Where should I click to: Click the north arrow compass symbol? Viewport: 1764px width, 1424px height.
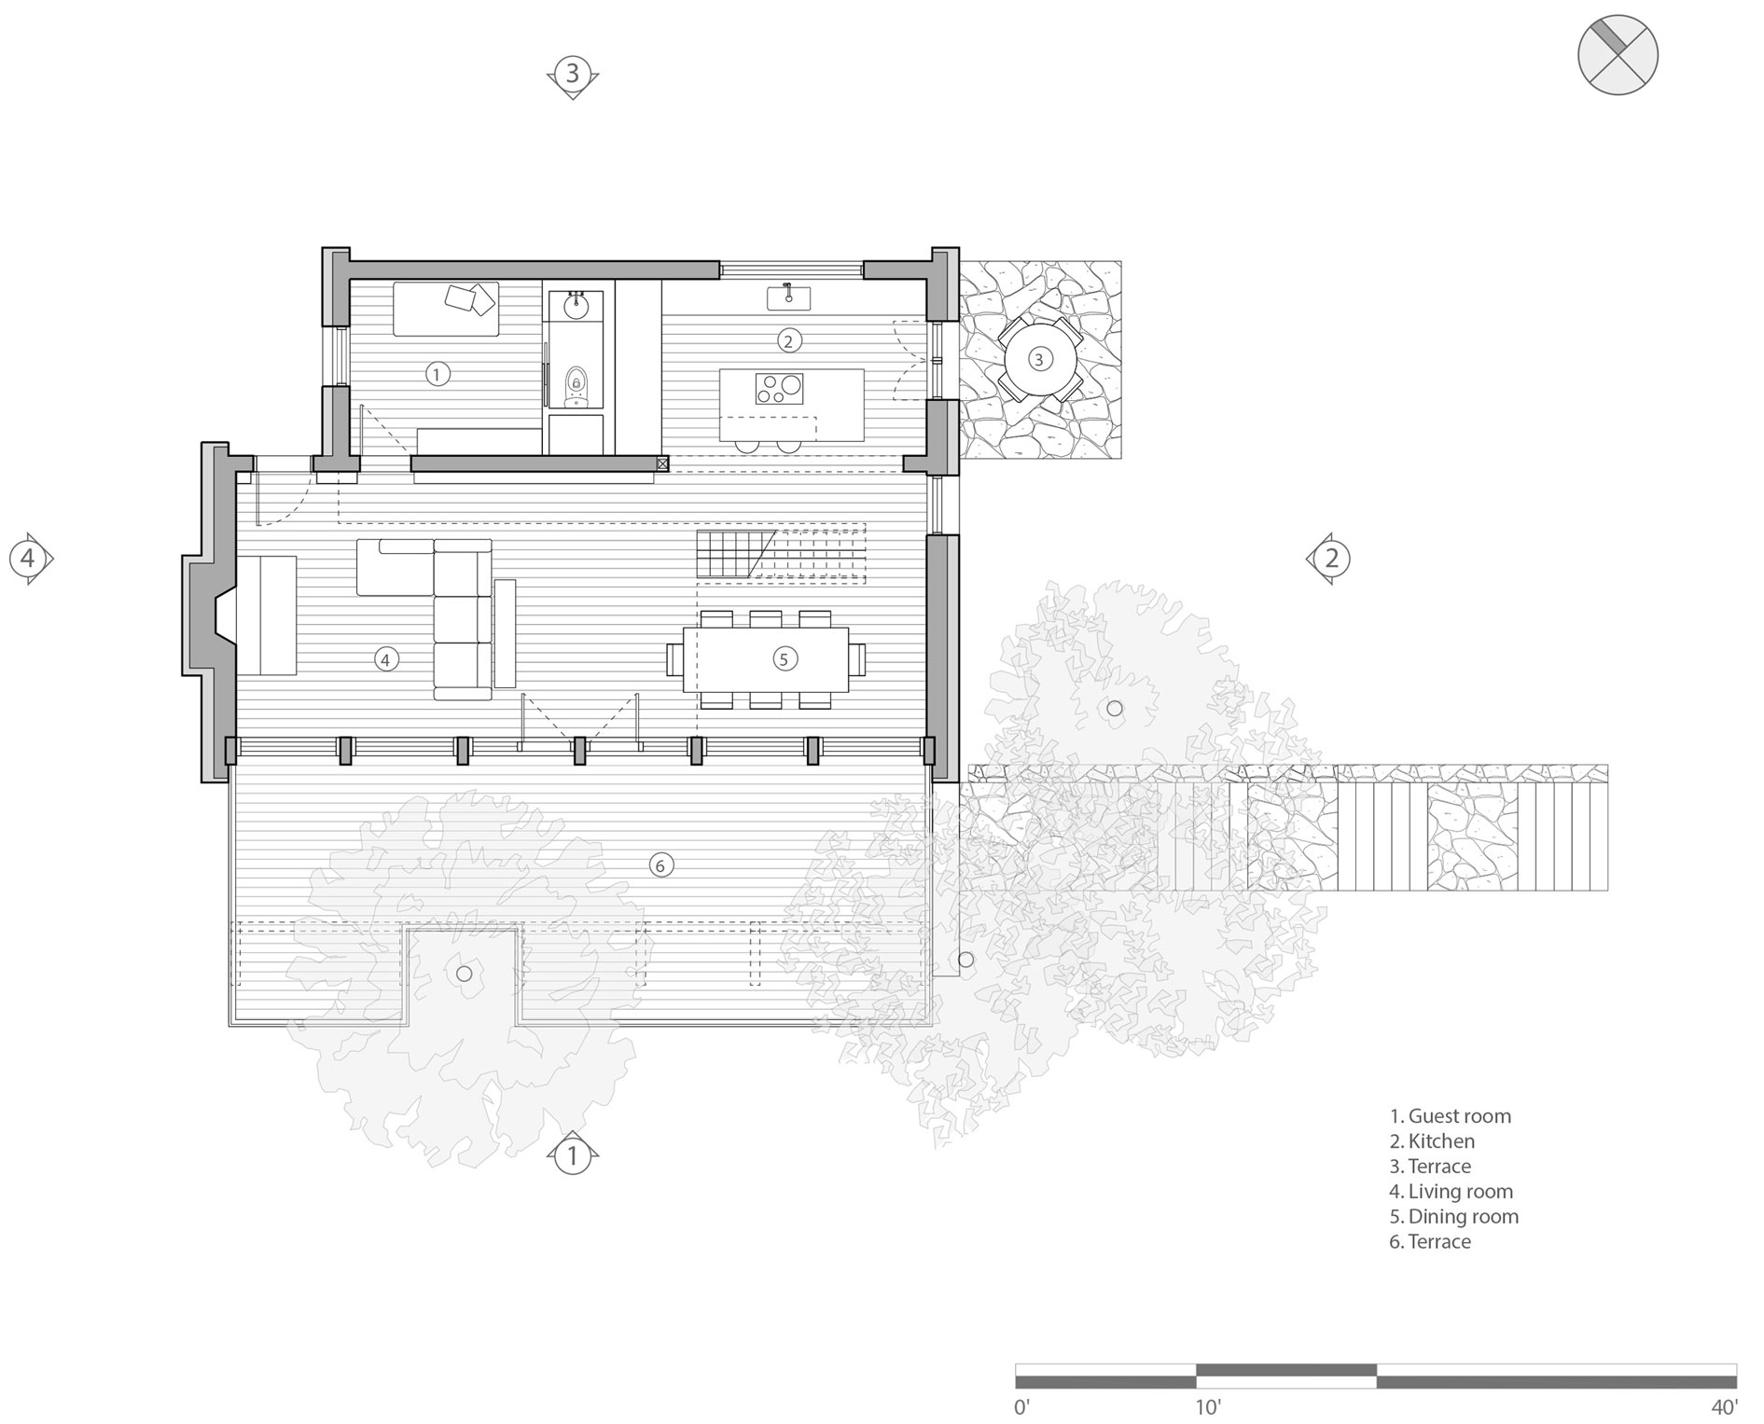pos(1618,54)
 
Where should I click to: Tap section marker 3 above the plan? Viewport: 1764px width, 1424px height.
pos(573,73)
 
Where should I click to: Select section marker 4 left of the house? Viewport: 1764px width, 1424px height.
pos(28,559)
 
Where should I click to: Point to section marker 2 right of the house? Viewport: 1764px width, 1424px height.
pos(1331,559)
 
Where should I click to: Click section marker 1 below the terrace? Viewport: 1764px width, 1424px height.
pos(573,1156)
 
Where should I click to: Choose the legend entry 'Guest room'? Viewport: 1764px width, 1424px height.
pos(1451,1116)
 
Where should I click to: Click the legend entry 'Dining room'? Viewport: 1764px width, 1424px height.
pos(1454,1217)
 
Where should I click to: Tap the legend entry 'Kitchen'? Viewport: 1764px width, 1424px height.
pos(1432,1141)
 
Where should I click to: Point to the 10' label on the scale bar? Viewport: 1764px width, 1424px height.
pos(1209,1406)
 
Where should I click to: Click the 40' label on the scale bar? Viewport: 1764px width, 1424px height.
pos(1724,1406)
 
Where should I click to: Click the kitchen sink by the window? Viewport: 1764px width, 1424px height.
pos(788,297)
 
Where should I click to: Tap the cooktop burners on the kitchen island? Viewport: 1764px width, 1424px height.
pos(779,388)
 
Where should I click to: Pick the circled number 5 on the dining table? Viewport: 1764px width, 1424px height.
pos(784,659)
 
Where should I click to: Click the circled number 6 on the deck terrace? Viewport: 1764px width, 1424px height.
pos(660,865)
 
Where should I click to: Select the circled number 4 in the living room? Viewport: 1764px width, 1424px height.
pos(385,659)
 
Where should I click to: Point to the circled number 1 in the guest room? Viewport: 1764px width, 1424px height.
pos(437,374)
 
